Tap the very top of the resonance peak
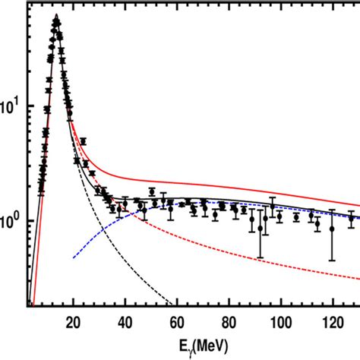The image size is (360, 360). click(x=56, y=17)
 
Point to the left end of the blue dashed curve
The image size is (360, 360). click(x=73, y=258)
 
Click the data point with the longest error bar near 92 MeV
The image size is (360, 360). click(x=261, y=228)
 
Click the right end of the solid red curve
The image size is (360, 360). click(x=359, y=205)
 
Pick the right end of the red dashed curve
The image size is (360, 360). click(x=359, y=276)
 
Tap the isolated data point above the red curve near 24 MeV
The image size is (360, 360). click(x=84, y=141)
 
